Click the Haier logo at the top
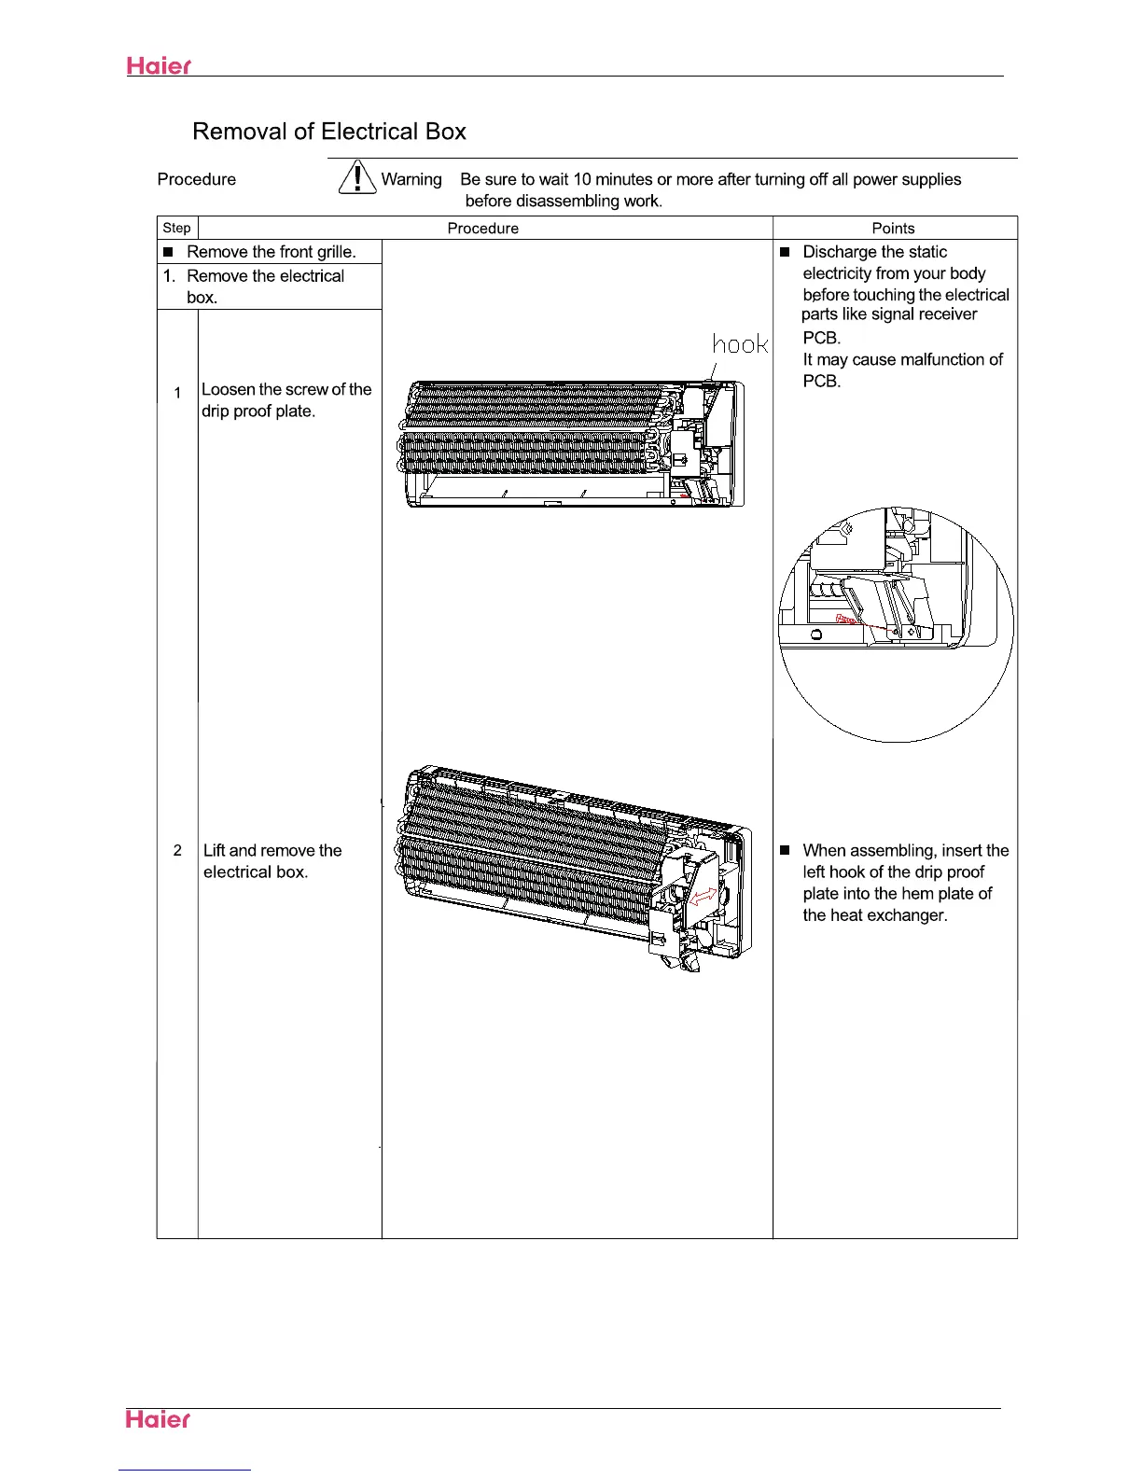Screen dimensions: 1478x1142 click(x=159, y=66)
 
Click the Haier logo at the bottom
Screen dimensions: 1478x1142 click(x=159, y=1419)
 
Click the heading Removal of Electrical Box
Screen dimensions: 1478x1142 click(x=328, y=132)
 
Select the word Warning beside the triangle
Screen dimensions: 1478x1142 click(x=411, y=179)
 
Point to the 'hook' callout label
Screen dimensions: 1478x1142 click(x=740, y=344)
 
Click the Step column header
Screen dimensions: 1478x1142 click(x=176, y=228)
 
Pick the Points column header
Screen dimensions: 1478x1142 click(x=893, y=228)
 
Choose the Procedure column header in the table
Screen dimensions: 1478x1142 click(x=482, y=228)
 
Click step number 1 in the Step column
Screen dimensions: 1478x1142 click(x=177, y=393)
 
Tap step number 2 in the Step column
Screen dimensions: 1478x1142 click(x=177, y=850)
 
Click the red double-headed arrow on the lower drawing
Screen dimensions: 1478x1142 click(x=702, y=897)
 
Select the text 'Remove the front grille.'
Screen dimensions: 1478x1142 click(x=271, y=252)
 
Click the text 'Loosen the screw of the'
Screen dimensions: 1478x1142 click(x=286, y=389)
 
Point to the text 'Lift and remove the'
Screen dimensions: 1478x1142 click(x=272, y=850)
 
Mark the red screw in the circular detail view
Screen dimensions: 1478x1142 click(x=845, y=619)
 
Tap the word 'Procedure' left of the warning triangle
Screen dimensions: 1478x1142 click(x=197, y=179)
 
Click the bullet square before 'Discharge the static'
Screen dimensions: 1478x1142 click(x=785, y=252)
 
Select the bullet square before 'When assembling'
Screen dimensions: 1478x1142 click(x=785, y=850)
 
